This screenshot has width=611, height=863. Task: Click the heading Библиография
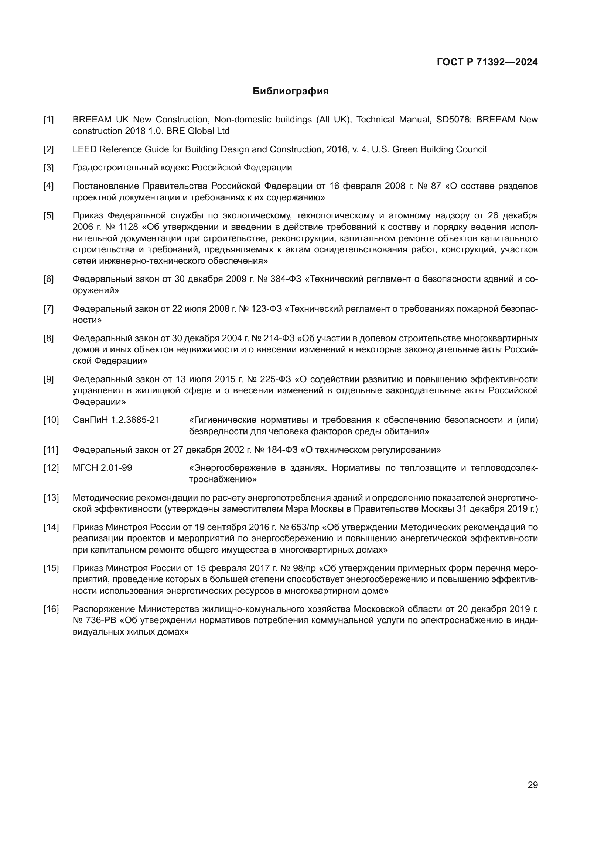[x=290, y=92]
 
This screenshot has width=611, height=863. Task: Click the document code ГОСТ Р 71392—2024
[x=487, y=62]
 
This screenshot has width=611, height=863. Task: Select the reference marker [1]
[x=48, y=120]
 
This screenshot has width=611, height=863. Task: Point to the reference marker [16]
[x=51, y=609]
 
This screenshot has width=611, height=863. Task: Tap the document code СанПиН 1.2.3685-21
[x=116, y=420]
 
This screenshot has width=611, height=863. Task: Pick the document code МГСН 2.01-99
[x=102, y=468]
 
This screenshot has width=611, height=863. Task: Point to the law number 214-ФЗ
[x=279, y=338]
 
